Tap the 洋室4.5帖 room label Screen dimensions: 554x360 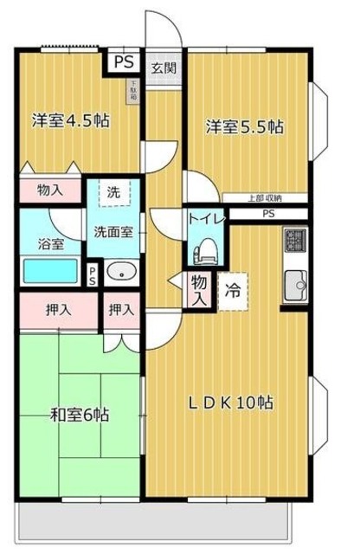(x=71, y=120)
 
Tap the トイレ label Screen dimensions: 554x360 (x=208, y=220)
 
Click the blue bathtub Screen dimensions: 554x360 (x=50, y=272)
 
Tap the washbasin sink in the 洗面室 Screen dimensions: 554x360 (x=121, y=273)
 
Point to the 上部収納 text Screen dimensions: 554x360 (x=264, y=198)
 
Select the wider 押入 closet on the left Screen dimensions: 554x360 (x=57, y=308)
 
